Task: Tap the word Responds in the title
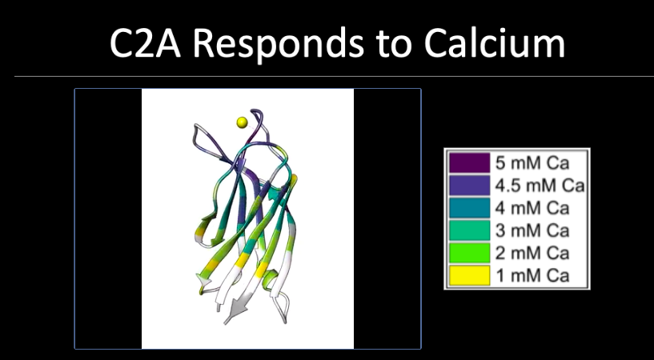pos(279,44)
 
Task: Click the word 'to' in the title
pos(394,45)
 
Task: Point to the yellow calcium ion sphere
pos(242,122)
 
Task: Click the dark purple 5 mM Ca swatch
pos(469,163)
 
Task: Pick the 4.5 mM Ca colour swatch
pos(469,186)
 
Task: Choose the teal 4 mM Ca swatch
pos(469,208)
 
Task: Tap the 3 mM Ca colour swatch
pos(469,230)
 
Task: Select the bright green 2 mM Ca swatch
pos(469,253)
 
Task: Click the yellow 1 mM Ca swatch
pos(469,275)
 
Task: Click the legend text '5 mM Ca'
pos(532,163)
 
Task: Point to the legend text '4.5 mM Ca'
pos(540,186)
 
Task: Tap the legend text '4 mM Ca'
pos(532,208)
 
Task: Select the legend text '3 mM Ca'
pos(532,230)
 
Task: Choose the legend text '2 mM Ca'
pos(532,253)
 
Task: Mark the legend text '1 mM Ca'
pos(532,275)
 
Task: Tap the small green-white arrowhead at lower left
pos(203,282)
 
